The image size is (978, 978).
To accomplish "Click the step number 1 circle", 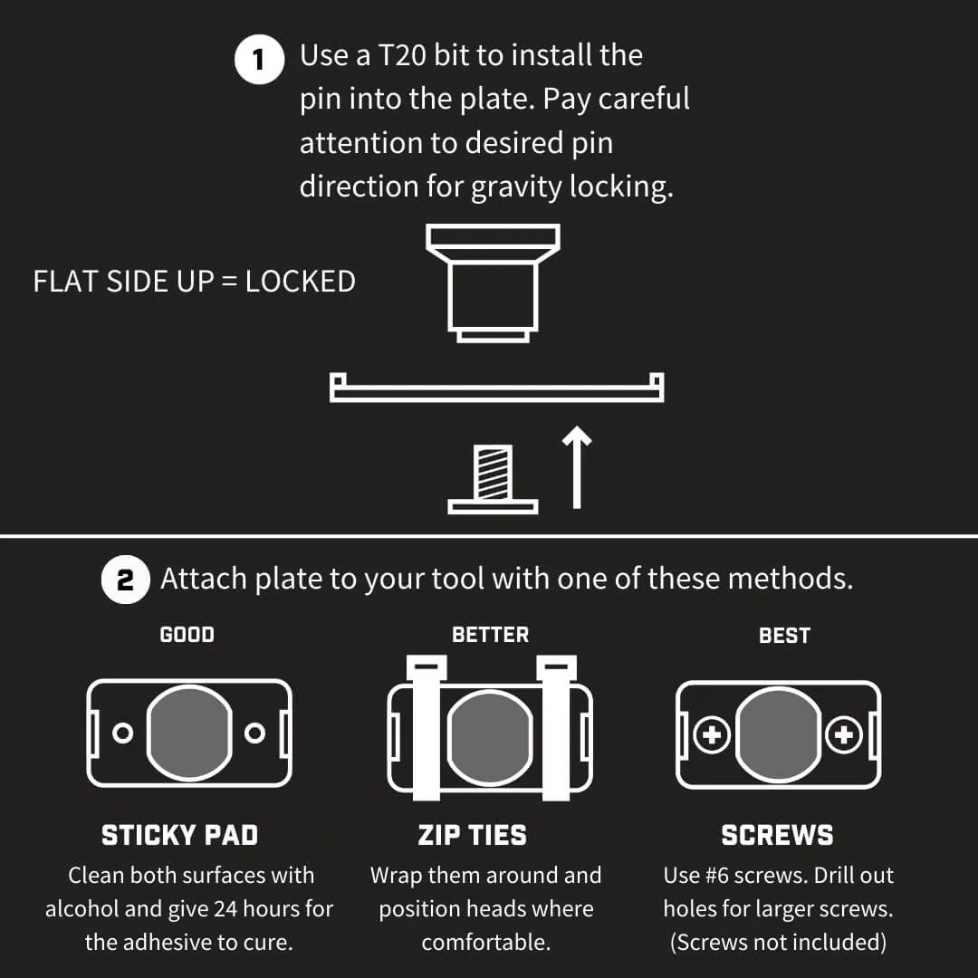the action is point(259,60).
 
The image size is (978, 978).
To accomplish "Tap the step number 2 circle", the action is point(125,580).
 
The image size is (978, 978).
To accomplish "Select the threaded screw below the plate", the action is point(493,479).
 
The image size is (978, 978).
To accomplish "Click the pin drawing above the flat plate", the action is point(493,283).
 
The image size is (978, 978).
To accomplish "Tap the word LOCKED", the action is point(300,282).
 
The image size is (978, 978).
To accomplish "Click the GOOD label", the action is point(187,635).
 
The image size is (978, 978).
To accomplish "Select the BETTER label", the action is point(490,635).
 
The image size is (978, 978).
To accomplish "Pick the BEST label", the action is point(784,636).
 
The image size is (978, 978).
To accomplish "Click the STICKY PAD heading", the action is point(179,835).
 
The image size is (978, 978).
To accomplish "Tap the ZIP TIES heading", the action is point(472,835).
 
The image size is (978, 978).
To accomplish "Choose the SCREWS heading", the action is point(777,835).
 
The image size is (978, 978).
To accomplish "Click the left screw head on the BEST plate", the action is point(712,734).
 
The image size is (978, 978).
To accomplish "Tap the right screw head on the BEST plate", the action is point(844,734).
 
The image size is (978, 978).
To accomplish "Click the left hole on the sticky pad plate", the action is point(123,733).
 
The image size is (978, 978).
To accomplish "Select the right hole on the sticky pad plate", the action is point(254,733).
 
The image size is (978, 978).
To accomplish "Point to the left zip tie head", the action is point(427,668).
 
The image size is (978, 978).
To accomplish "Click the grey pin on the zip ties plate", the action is point(490,738).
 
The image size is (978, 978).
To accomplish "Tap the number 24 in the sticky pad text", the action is point(225,909).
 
